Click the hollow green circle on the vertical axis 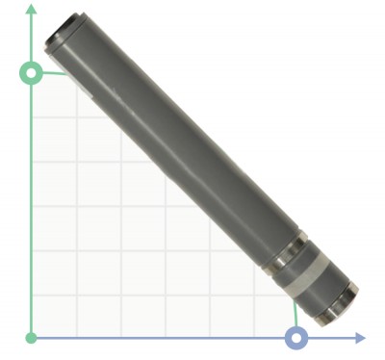(x=32, y=72)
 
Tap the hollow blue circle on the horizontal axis (x=297, y=337)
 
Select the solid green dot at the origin (x=32, y=337)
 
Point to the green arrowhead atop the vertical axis (x=32, y=10)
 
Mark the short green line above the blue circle (x=294, y=314)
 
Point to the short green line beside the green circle (x=54, y=73)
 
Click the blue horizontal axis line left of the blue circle (x=164, y=337)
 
